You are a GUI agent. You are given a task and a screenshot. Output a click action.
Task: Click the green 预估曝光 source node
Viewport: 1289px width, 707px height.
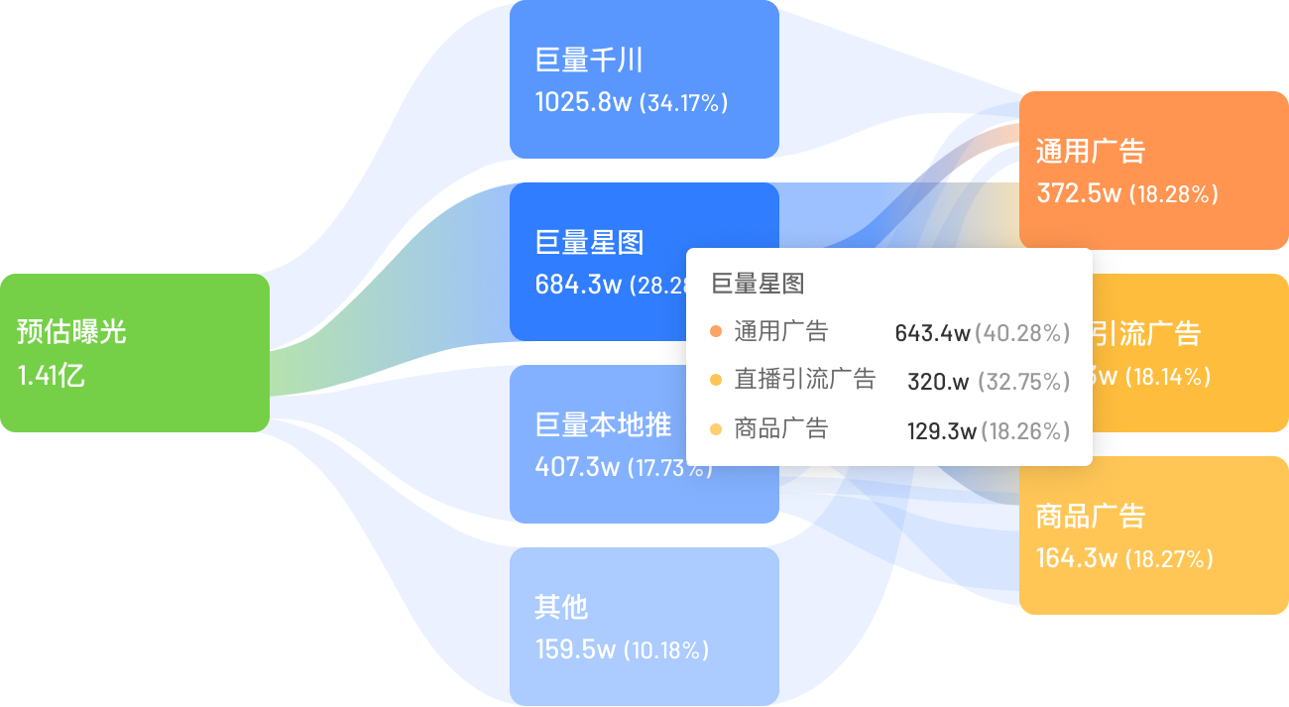pos(135,352)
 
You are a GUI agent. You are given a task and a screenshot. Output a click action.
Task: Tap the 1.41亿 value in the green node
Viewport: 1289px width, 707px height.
pos(51,376)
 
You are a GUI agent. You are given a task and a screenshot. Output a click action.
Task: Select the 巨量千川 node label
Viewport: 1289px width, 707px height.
pos(589,60)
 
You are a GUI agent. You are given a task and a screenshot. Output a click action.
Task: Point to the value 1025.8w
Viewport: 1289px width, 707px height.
pos(583,102)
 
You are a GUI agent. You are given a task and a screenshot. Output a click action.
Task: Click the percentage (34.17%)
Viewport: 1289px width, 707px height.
pos(683,102)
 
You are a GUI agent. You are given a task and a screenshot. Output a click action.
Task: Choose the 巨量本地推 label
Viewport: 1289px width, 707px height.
pos(603,425)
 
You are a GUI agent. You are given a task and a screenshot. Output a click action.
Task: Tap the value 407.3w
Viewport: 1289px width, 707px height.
pos(577,466)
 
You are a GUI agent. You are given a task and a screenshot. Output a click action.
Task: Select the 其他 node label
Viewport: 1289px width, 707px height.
pos(561,607)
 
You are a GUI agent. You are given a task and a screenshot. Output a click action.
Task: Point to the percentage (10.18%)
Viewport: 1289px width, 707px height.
pos(665,650)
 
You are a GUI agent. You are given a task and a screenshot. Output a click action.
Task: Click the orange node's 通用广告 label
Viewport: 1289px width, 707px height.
pos(1091,151)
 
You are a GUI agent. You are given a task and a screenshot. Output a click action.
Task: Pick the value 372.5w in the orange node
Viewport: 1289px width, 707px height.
pos(1079,193)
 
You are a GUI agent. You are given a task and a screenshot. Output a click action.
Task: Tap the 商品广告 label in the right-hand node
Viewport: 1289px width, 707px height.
pos(1091,516)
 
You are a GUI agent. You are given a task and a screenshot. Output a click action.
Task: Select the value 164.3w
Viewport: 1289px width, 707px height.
pos(1077,558)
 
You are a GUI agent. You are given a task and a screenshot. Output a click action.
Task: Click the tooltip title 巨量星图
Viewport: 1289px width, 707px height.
pos(759,284)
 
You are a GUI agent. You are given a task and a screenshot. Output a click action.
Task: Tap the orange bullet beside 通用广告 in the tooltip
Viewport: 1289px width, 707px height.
pos(716,331)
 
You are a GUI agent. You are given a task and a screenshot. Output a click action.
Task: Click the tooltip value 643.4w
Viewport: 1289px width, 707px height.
pos(932,333)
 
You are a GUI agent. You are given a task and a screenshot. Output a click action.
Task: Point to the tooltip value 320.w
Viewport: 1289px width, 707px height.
pos(938,382)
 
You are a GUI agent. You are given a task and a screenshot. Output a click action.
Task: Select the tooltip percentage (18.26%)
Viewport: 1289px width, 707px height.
pos(1026,431)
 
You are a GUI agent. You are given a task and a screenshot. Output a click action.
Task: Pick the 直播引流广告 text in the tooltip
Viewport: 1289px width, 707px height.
pos(805,379)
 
